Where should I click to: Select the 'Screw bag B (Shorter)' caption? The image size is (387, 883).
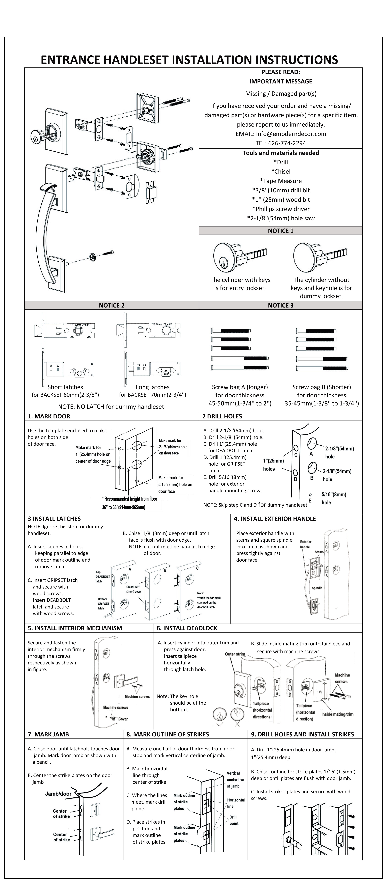coord(322,387)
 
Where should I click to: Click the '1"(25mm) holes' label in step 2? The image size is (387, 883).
coord(273,465)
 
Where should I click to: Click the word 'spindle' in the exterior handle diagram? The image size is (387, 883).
coord(317,588)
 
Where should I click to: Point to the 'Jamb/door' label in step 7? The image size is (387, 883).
coord(58,794)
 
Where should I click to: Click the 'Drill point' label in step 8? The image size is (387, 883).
coord(234,820)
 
